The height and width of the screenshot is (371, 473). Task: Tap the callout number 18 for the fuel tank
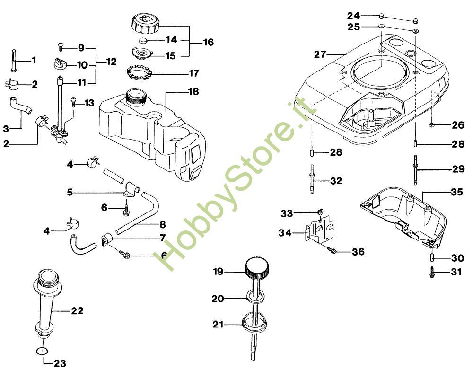(193, 91)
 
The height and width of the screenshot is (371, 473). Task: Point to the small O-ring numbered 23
(42, 352)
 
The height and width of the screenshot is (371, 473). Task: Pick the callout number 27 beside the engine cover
(320, 54)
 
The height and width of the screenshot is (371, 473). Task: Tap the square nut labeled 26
(431, 124)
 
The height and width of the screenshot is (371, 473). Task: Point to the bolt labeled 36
(332, 249)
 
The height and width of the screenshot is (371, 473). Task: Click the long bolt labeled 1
(14, 60)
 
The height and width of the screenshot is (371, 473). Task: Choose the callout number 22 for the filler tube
(77, 310)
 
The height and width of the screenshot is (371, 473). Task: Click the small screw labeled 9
(61, 47)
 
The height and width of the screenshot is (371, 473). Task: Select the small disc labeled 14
(143, 40)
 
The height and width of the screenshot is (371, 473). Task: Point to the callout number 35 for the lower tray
(457, 192)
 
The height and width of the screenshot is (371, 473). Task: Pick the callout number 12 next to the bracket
(111, 62)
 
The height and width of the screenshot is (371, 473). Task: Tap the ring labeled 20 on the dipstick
(256, 296)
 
